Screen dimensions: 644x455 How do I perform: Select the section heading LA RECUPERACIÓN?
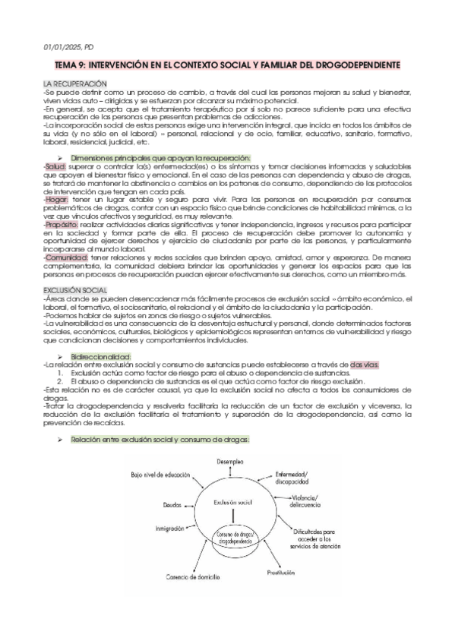74,83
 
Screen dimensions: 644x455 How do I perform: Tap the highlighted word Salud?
55,166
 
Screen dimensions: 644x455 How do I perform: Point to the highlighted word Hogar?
55,199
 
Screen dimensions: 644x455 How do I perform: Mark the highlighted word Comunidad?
66,257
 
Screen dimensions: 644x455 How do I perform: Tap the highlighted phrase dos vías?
364,365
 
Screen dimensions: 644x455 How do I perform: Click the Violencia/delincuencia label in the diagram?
314,501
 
